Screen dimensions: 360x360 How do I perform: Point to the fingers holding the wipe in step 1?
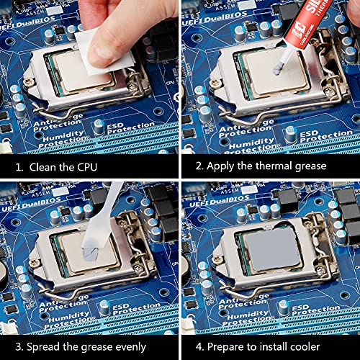[x=108, y=22]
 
